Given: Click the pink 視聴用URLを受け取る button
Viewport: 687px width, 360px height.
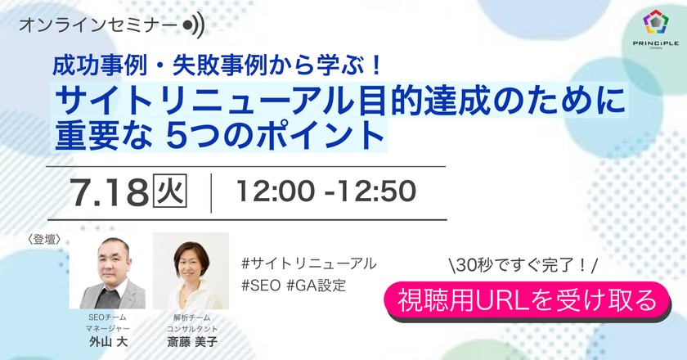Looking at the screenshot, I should point(527,300).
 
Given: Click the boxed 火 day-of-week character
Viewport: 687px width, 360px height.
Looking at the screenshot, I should point(170,191).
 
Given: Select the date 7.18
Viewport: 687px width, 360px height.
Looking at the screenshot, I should point(109,191).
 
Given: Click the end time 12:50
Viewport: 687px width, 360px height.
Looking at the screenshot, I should point(371,191).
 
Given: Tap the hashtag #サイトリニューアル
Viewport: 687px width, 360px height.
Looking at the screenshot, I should point(308,263).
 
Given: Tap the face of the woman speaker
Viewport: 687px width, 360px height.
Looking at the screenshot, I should point(194,257).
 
